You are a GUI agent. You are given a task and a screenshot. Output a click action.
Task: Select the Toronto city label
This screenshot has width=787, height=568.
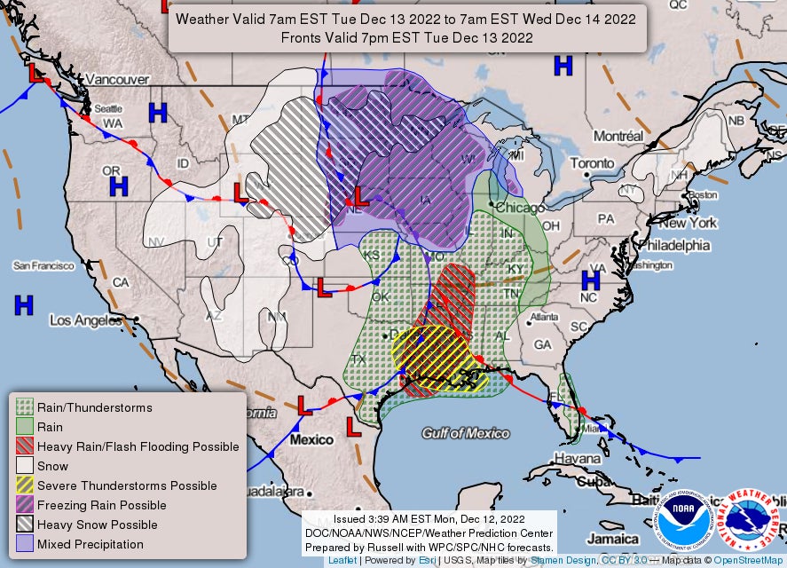coord(591,163)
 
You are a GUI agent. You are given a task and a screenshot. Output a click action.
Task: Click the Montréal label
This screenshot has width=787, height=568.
coord(618,137)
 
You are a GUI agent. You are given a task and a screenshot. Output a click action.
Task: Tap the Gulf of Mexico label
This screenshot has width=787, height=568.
coord(466,433)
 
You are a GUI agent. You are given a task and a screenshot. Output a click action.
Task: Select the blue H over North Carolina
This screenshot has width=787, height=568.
coord(590,280)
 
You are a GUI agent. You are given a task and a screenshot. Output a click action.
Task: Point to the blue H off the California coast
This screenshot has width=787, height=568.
coord(24,305)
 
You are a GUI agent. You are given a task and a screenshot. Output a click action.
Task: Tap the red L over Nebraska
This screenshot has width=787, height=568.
coord(359,196)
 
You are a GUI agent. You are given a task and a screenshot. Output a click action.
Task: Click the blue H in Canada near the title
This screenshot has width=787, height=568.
coord(563,65)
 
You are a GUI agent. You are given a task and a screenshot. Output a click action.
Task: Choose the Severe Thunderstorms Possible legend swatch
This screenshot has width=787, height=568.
coord(25,485)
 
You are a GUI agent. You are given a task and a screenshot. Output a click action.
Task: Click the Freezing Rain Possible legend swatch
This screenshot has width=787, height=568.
coord(25,505)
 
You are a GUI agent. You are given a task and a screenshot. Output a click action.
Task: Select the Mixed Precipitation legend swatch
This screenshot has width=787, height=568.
coord(25,544)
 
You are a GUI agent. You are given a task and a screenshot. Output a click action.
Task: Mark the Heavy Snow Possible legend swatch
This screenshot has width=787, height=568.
coord(25,525)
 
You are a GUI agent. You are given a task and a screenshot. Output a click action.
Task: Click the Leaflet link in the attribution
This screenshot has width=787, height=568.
coord(342,561)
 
